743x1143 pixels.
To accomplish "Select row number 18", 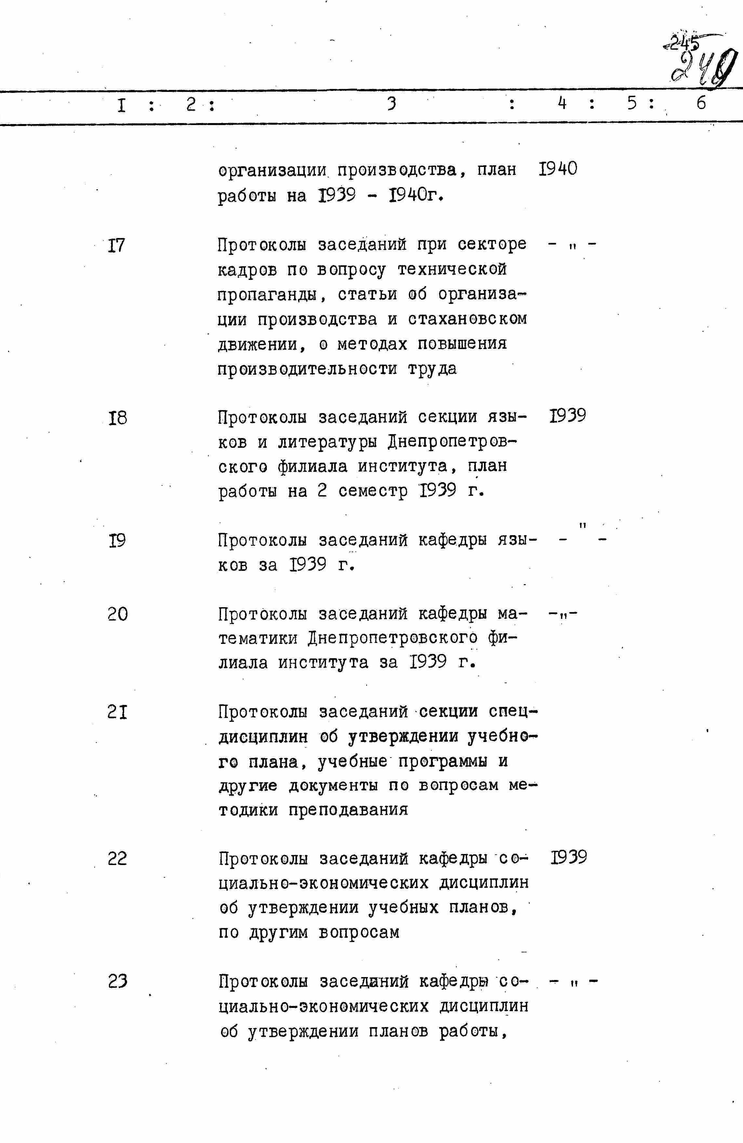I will coord(118,418).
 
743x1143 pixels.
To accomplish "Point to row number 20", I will coord(118,615).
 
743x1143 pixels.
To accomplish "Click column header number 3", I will coord(392,103).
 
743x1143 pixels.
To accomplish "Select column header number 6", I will coord(701,103).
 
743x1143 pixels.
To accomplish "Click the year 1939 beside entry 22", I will coord(568,857).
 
